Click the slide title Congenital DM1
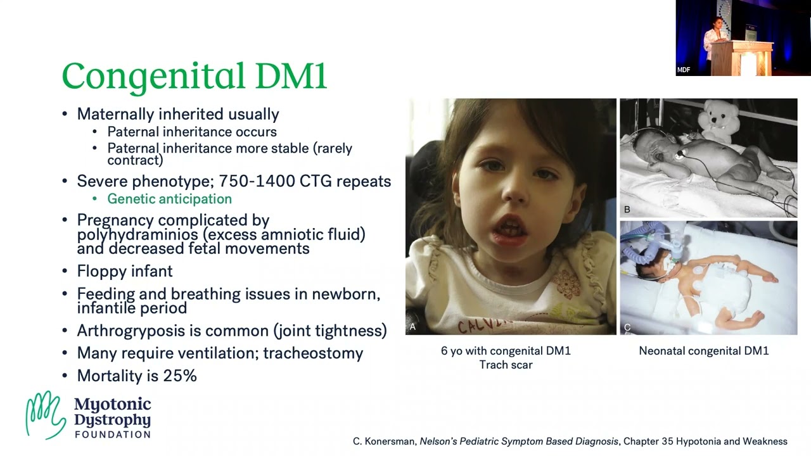pyautogui.click(x=195, y=77)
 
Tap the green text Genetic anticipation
pyautogui.click(x=169, y=199)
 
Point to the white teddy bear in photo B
pyautogui.click(x=718, y=121)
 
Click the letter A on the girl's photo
pyautogui.click(x=412, y=327)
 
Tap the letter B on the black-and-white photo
pyautogui.click(x=627, y=210)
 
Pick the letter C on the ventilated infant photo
pyautogui.click(x=627, y=327)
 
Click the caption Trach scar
pyautogui.click(x=506, y=365)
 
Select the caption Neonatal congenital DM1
pyautogui.click(x=704, y=351)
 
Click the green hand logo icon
pyautogui.click(x=46, y=415)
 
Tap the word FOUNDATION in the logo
pyautogui.click(x=113, y=434)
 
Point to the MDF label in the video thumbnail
pyautogui.click(x=684, y=70)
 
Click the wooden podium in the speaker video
pyautogui.click(x=741, y=58)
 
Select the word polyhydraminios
pyautogui.click(x=137, y=235)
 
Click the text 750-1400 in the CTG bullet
pyautogui.click(x=257, y=181)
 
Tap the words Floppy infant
pyautogui.click(x=125, y=272)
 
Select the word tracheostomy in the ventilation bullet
pyautogui.click(x=313, y=353)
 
